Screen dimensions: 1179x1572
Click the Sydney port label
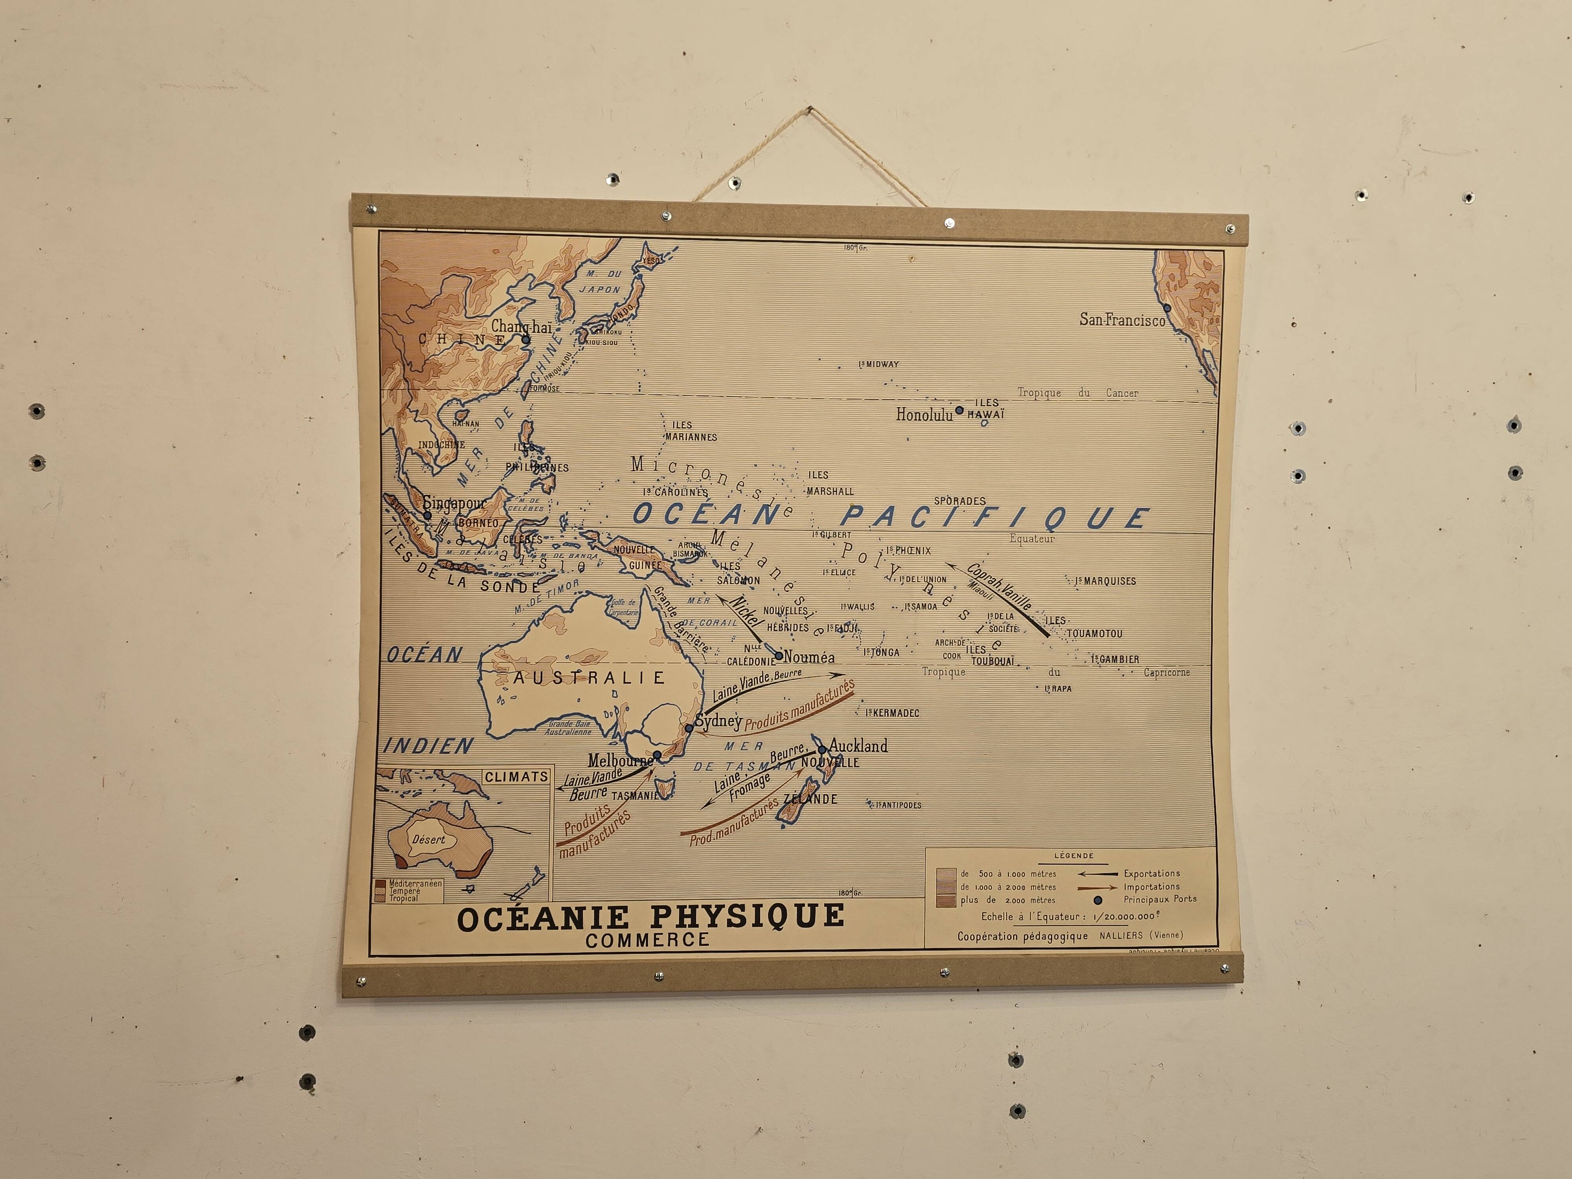(718, 721)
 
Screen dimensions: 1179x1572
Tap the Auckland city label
(858, 746)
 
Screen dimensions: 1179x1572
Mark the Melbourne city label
(620, 760)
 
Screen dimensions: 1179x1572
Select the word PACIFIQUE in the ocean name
(995, 517)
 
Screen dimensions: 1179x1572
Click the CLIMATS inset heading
(516, 777)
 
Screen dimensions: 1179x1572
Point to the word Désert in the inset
(428, 839)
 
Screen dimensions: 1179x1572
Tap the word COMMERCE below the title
(647, 940)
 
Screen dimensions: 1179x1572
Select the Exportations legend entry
(1151, 873)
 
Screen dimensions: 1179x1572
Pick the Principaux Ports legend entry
(1160, 899)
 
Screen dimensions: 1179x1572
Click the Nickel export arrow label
(746, 615)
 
